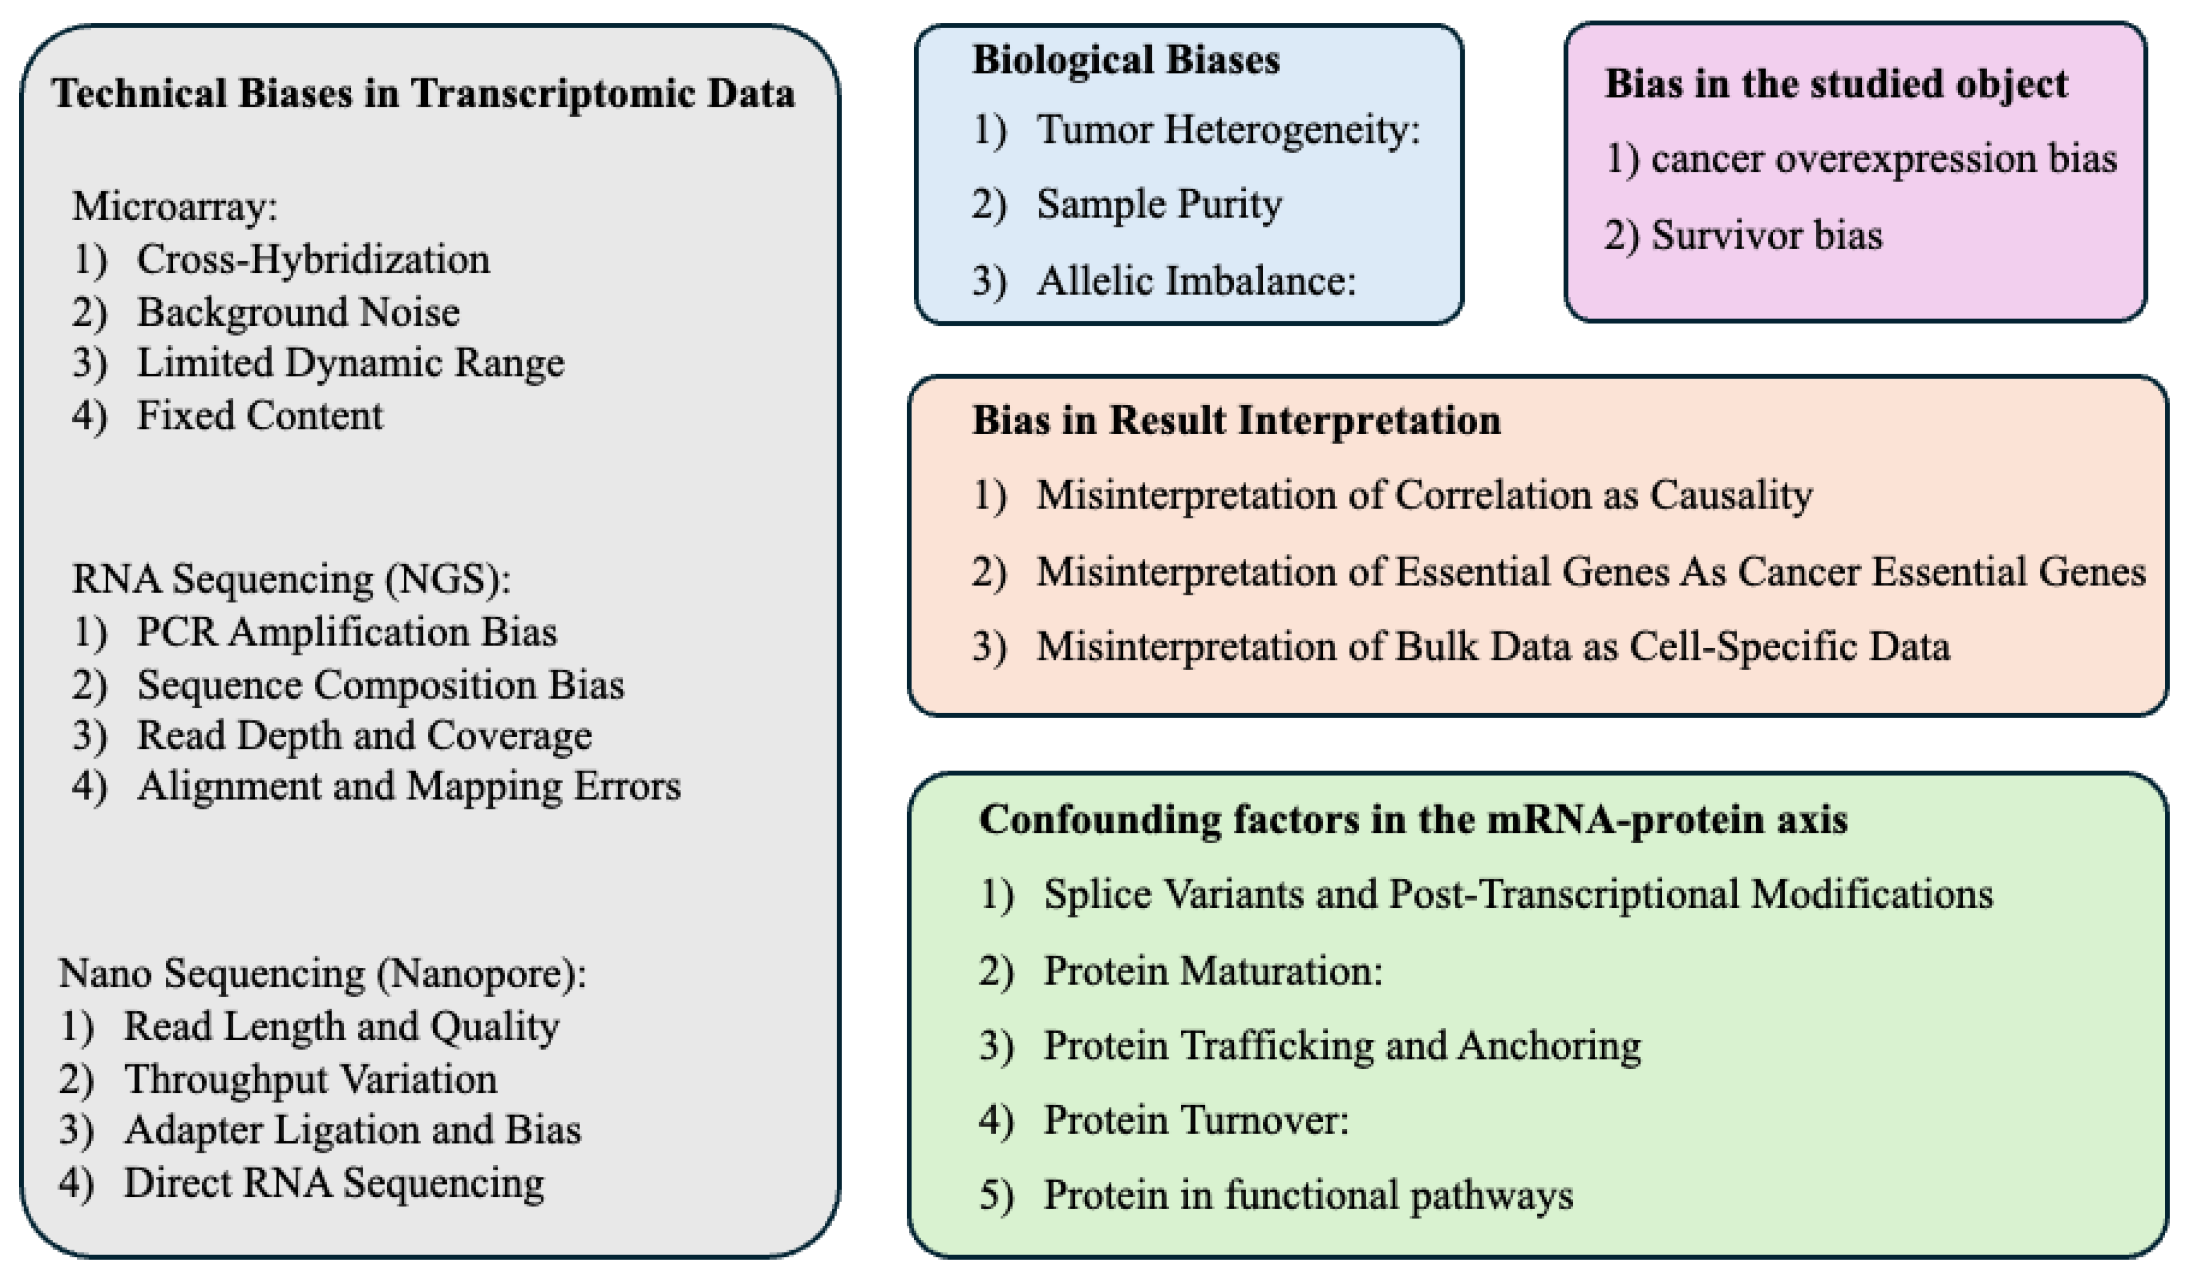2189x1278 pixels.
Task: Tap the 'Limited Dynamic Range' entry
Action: [350, 363]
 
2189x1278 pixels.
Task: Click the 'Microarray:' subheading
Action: [174, 207]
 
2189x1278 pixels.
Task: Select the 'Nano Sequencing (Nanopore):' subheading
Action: [322, 973]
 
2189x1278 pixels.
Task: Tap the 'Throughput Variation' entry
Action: [310, 1079]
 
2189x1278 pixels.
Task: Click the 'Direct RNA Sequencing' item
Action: [334, 1182]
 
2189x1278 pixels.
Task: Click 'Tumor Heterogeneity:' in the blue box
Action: [1227, 130]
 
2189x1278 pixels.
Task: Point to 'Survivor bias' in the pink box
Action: [1766, 235]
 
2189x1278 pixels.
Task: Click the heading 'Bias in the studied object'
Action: [1835, 84]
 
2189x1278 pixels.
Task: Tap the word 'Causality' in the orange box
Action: [1731, 495]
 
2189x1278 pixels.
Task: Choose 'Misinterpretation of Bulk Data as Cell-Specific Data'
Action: [1493, 647]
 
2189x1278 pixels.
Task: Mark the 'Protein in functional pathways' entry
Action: [1307, 1196]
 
